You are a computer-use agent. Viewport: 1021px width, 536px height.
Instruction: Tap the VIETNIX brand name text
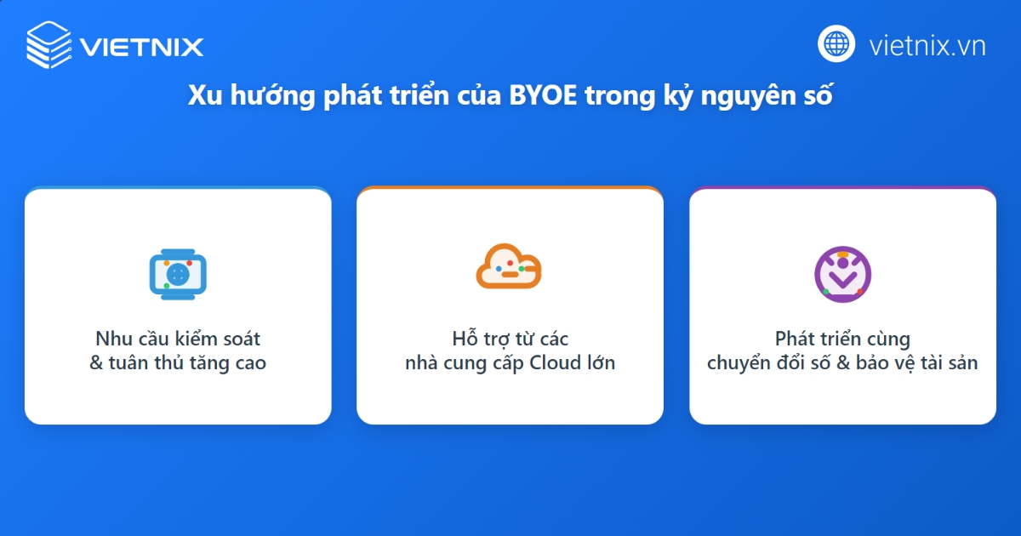click(x=142, y=46)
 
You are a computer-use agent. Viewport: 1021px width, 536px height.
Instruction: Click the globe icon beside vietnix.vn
click(x=836, y=43)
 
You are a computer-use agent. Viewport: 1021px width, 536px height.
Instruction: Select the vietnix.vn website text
click(x=927, y=45)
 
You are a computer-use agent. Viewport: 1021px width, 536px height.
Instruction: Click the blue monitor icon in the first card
click(x=178, y=274)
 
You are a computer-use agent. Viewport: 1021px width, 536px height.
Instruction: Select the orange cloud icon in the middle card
click(x=509, y=267)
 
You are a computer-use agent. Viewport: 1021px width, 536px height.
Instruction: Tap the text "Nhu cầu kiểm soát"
click(x=178, y=339)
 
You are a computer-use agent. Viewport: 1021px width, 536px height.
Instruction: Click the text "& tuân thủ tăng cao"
click(x=178, y=363)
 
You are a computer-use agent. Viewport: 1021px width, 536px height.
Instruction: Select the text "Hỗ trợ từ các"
click(x=510, y=339)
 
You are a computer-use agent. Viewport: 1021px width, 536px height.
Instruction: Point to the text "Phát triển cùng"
click(x=842, y=339)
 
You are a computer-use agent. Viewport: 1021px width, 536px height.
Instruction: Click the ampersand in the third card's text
click(x=852, y=363)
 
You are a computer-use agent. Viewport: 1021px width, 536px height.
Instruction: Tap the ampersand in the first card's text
click(x=96, y=363)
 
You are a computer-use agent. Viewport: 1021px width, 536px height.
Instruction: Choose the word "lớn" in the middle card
click(x=601, y=363)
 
